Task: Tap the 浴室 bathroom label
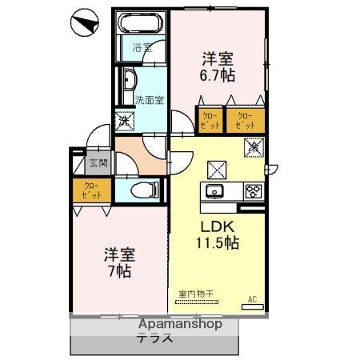[141, 49]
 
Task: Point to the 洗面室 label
[150, 101]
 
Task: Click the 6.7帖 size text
[217, 75]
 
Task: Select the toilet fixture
[142, 190]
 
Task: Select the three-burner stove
[254, 191]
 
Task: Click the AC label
[252, 301]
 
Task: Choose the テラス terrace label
[156, 338]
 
